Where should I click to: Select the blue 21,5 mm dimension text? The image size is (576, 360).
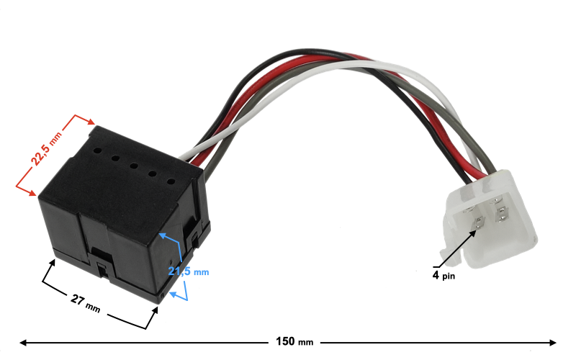click(188, 271)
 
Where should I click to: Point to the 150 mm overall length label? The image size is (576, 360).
click(295, 341)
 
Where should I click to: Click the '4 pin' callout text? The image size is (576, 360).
click(444, 275)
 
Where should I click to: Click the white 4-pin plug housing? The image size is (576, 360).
click(490, 216)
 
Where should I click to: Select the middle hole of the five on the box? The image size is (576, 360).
click(134, 166)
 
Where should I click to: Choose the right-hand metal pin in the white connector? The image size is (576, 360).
click(502, 213)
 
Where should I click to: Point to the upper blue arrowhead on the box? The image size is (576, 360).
click(162, 235)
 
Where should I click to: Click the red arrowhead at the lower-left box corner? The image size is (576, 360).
click(32, 192)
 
